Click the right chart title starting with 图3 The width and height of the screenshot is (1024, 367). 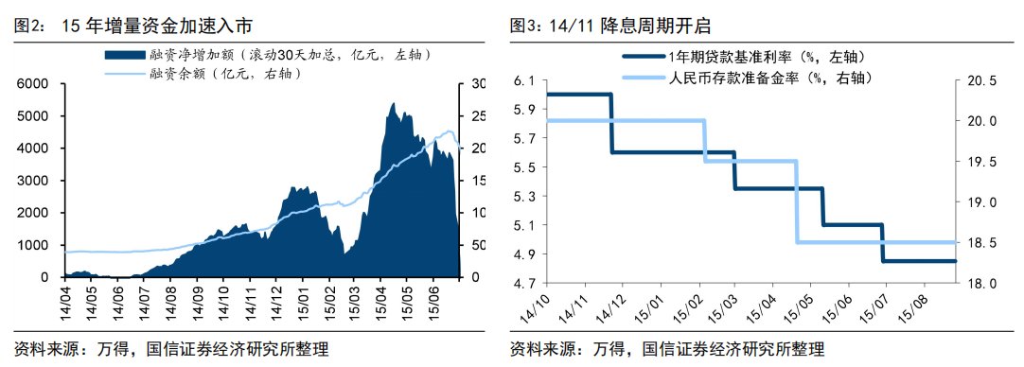click(x=610, y=26)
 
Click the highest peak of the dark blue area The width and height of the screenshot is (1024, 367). click(x=393, y=103)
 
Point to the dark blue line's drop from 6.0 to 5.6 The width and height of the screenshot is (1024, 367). click(x=611, y=123)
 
